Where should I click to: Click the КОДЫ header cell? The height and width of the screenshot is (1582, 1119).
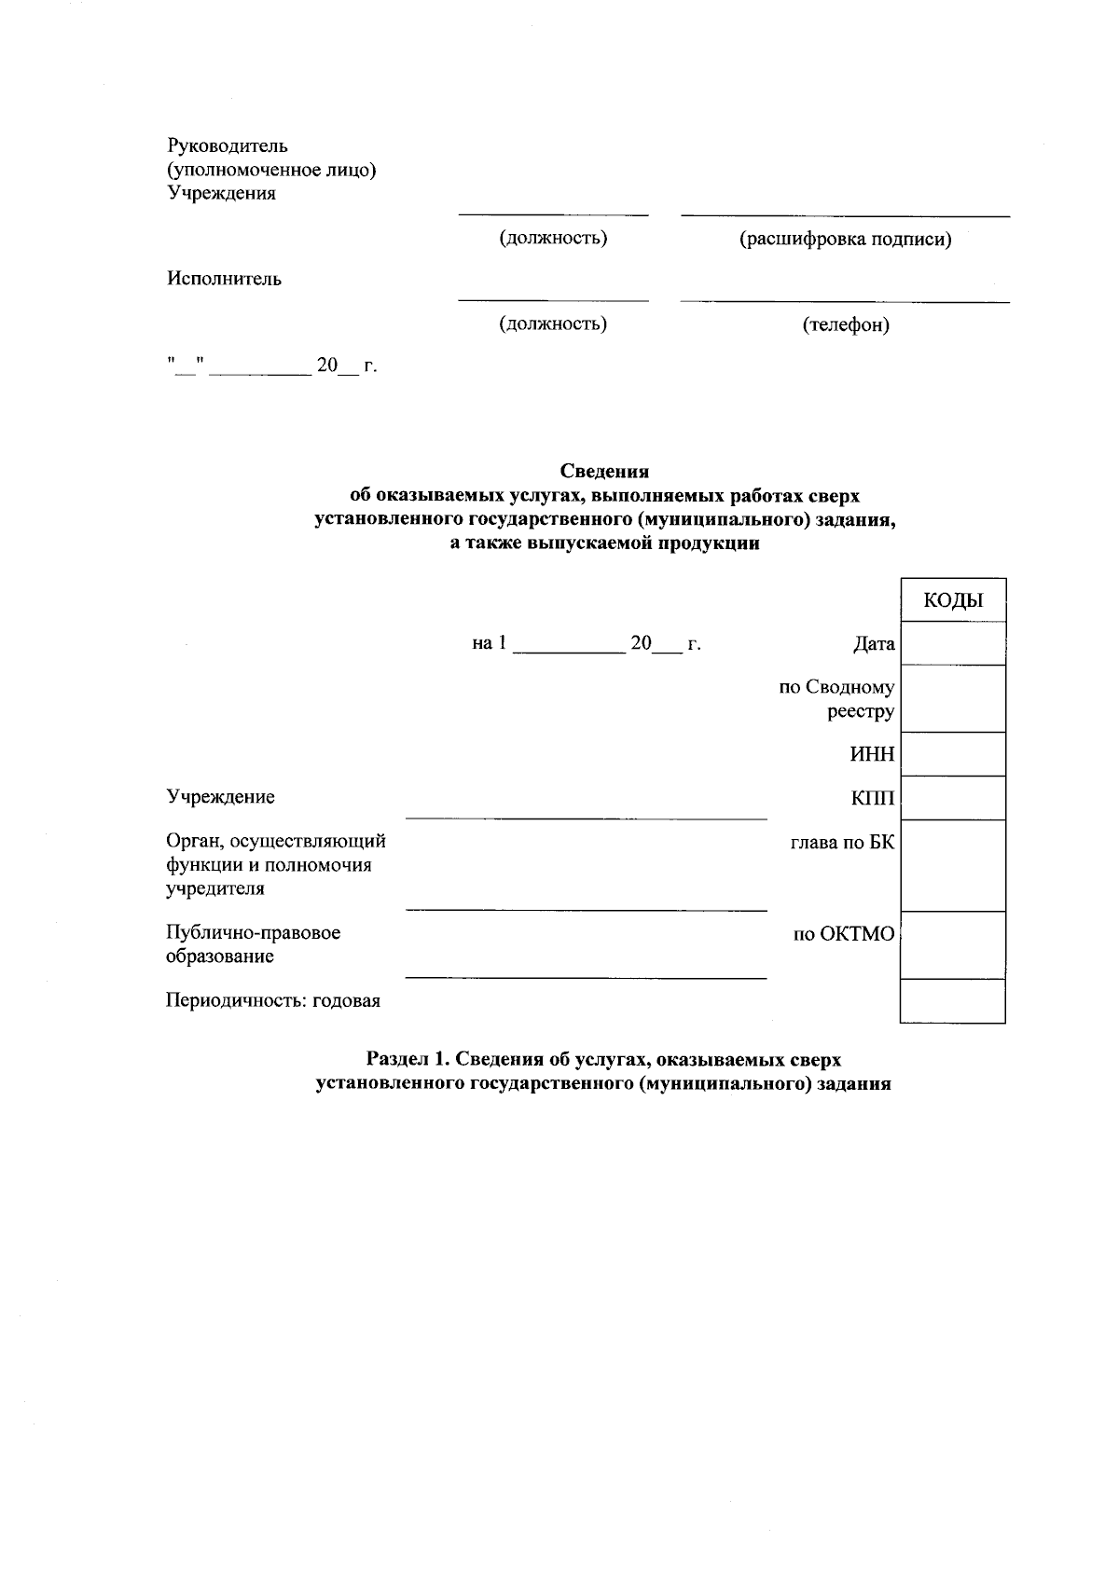pos(953,600)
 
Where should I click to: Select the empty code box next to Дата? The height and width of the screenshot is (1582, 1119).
pos(953,643)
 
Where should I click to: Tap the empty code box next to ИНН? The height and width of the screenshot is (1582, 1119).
pos(953,754)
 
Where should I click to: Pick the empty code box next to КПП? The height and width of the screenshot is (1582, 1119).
pos(953,798)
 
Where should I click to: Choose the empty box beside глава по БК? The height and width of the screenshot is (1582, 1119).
pos(953,865)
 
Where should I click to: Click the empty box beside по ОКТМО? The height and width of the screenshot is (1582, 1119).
pos(953,945)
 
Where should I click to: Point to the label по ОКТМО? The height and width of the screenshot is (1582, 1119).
pos(843,934)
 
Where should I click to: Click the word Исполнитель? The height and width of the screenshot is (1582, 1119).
pos(224,279)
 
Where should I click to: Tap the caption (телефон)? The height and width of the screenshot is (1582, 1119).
pos(846,325)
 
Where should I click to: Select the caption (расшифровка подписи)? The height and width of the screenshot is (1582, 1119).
pos(846,240)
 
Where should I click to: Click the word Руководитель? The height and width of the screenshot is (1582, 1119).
pos(228,145)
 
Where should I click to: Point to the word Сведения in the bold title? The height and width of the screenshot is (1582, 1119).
pos(604,472)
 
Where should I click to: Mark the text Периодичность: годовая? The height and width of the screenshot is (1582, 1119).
pos(273,1001)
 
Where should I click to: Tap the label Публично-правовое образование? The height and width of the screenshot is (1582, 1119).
pos(253,944)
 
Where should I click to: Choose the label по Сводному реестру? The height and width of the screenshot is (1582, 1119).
pos(836,700)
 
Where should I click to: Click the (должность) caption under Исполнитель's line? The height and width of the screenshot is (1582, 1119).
pos(553,323)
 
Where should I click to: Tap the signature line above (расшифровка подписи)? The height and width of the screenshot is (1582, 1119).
pos(846,216)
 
